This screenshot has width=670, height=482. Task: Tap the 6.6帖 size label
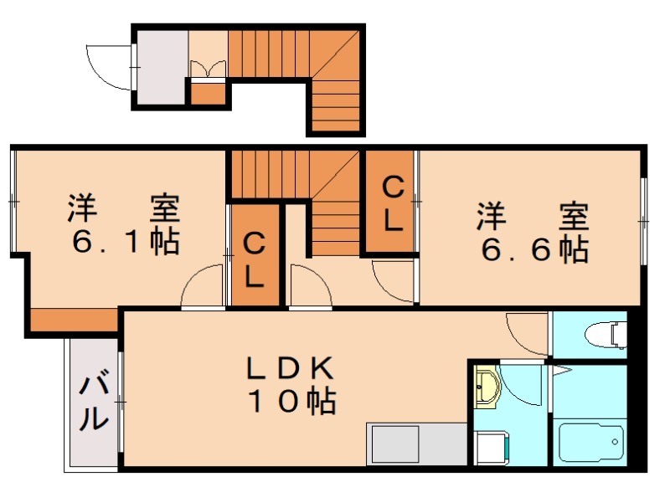point(533,249)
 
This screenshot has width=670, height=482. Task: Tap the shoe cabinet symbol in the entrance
point(208,67)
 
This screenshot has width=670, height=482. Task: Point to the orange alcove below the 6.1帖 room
point(74,320)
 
